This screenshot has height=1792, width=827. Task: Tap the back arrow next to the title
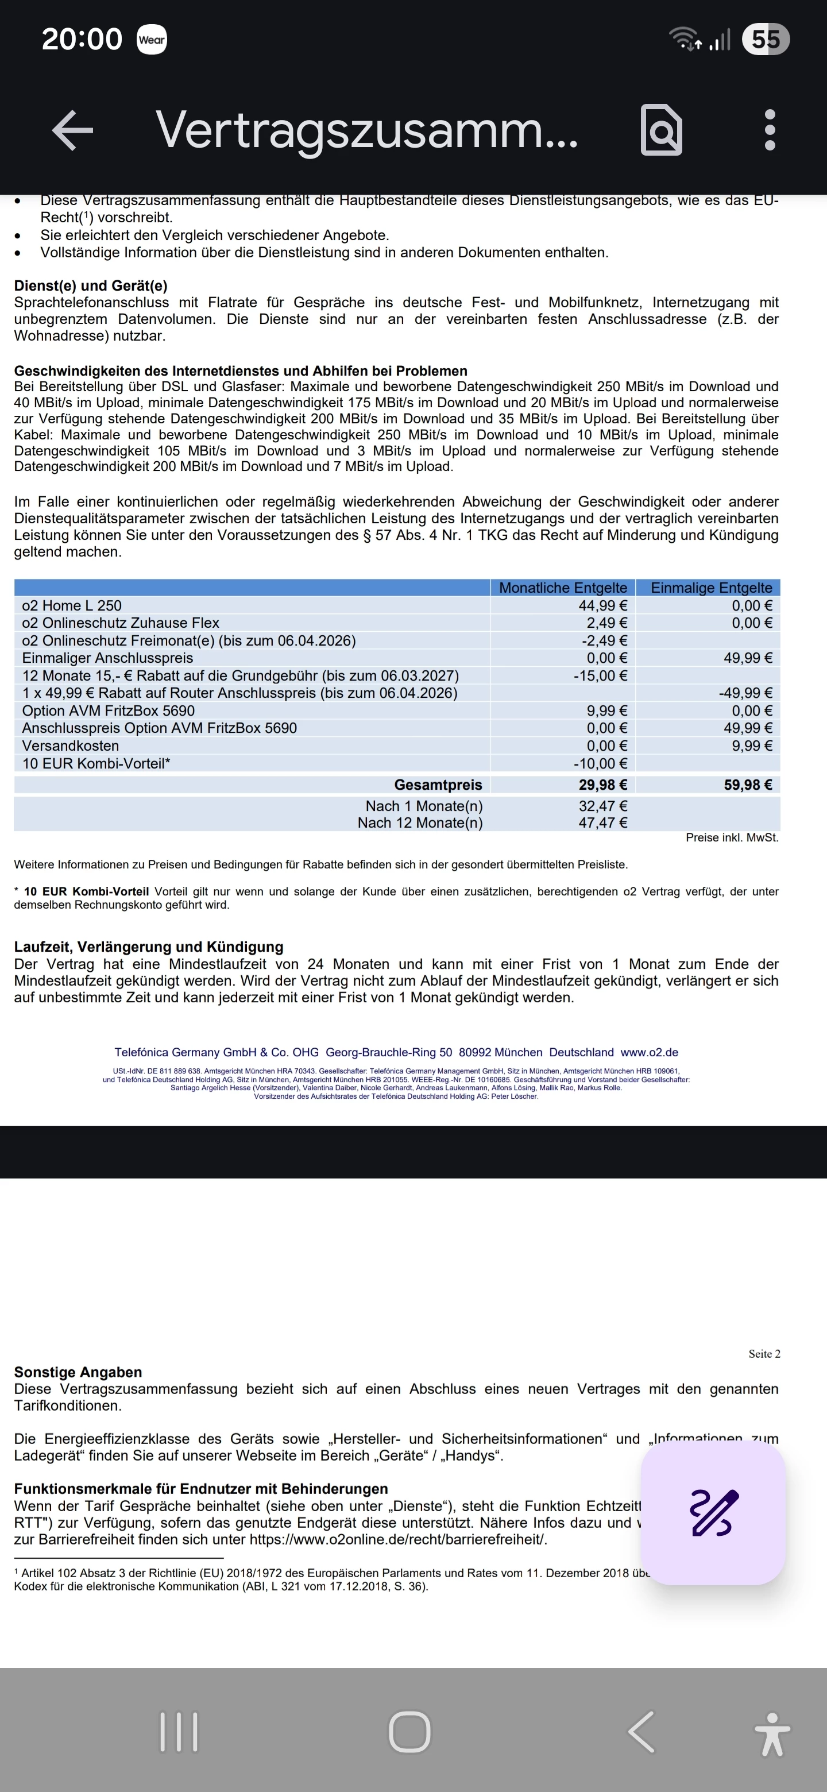pos(72,129)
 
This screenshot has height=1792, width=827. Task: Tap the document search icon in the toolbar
pos(661,129)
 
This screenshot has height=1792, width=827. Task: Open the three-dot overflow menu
pos(769,129)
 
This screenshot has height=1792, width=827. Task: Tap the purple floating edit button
pos(713,1512)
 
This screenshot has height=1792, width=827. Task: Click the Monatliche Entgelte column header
pos(563,588)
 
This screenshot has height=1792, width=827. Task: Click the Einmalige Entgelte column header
pos(711,588)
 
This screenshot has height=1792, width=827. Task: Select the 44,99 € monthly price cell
pos(602,606)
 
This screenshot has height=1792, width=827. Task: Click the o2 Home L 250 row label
pos(72,606)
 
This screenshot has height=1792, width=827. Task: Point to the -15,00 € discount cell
pos(600,675)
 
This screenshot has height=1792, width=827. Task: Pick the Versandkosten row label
pos(70,746)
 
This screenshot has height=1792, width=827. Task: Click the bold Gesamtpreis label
pos(438,785)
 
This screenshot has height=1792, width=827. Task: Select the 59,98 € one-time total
pos(748,785)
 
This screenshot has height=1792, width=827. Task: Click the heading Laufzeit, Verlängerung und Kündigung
pos(149,947)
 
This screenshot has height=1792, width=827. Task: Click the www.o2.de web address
pos(649,1053)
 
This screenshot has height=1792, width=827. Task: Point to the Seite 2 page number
pos(764,1353)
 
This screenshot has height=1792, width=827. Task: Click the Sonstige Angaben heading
pos(78,1372)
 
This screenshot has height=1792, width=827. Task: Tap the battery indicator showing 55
pos(765,39)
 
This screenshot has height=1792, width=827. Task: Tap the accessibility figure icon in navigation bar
pos(772,1733)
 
